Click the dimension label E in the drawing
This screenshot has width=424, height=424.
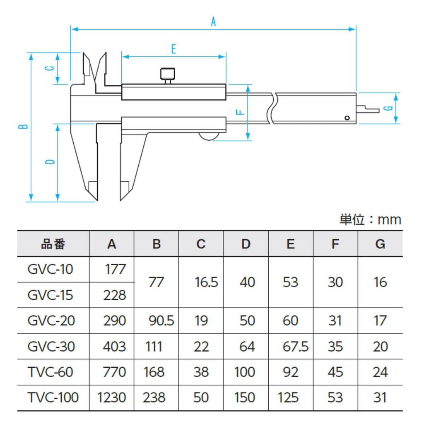pos(173,49)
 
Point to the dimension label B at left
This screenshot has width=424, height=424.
pos(24,126)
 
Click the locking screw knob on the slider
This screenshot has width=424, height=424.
pos(168,75)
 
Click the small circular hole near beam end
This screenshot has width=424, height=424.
pos(347,118)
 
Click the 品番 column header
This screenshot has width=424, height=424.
pos(53,244)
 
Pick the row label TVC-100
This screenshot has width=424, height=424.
pos(53,398)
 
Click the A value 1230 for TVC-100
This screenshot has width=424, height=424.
pos(111,398)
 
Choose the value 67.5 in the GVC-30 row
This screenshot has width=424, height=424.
pos(295,347)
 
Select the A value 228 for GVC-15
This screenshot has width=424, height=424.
pos(114,295)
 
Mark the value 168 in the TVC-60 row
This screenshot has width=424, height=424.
pos(154,372)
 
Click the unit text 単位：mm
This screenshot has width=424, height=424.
pos(370,220)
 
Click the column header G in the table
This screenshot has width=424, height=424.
pos(380,244)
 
